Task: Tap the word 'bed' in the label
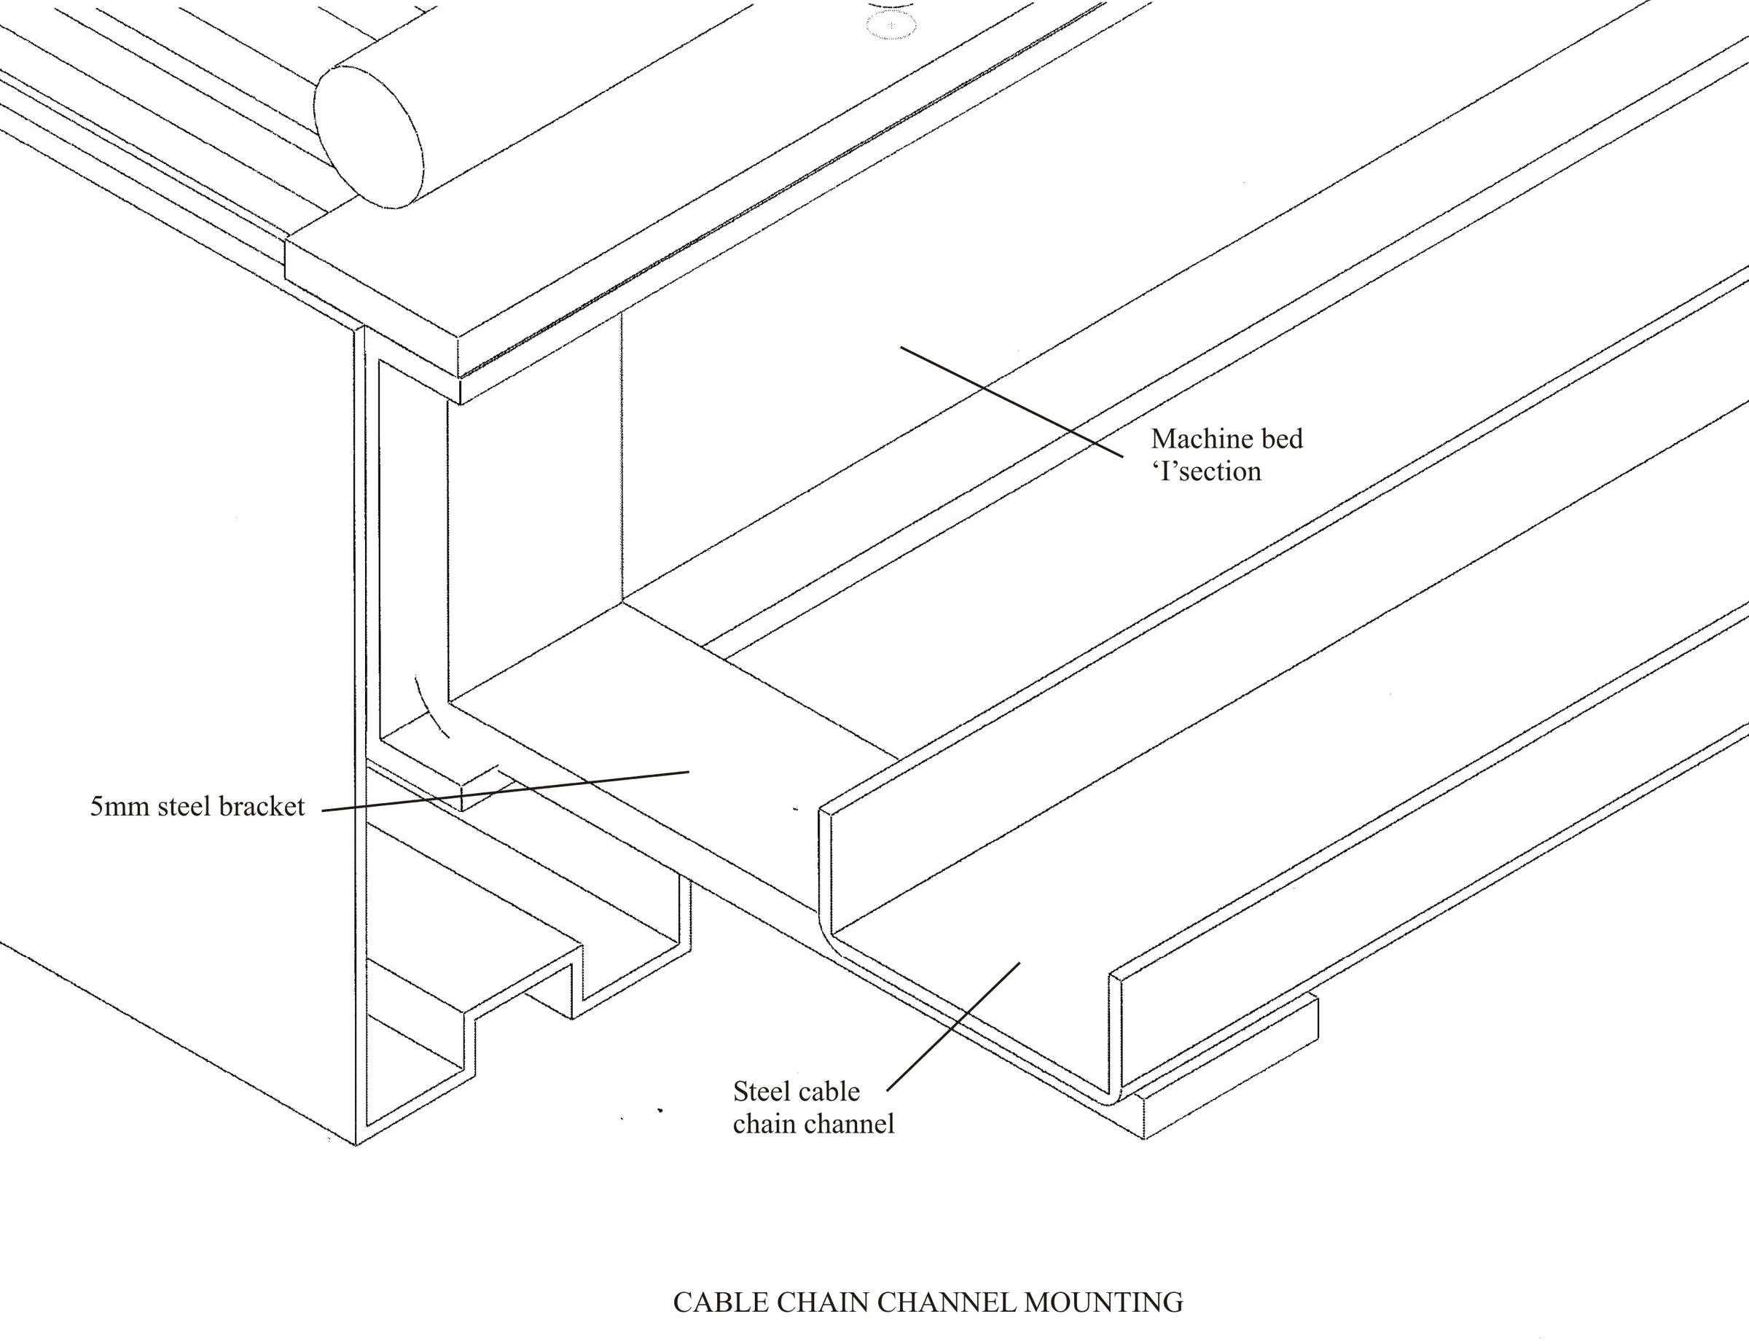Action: pyautogui.click(x=1280, y=439)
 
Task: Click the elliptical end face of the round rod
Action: pyautogui.click(x=369, y=138)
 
